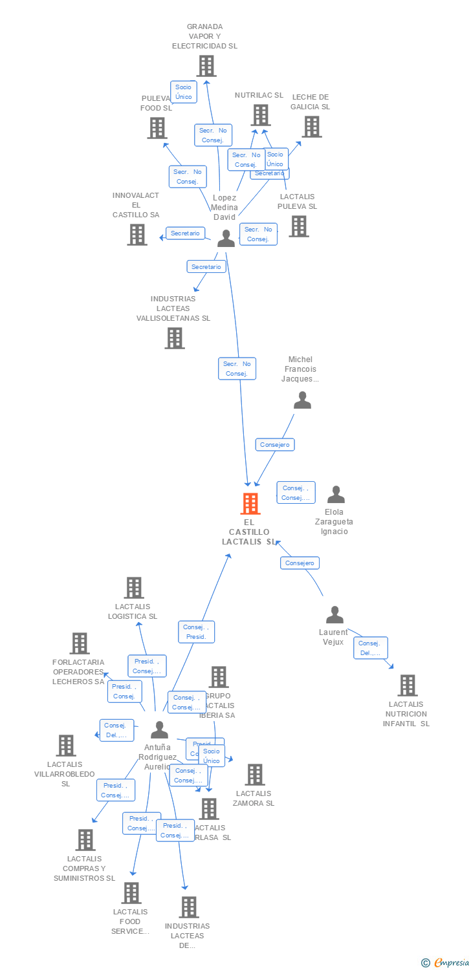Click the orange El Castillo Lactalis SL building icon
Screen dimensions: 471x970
point(250,504)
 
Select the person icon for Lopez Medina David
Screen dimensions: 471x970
point(226,239)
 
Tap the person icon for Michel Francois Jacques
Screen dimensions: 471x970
point(302,401)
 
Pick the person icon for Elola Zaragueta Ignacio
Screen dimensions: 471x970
point(336,495)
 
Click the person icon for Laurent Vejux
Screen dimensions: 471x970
point(334,615)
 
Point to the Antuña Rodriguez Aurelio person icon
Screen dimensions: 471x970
point(159,730)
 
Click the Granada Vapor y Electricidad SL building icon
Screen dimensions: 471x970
point(206,66)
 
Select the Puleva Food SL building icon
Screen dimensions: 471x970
point(157,127)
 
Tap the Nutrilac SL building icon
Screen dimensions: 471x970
point(261,115)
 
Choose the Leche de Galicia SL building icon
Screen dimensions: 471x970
point(312,127)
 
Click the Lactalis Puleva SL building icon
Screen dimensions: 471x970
point(298,226)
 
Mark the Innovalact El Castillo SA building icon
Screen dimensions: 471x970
point(137,234)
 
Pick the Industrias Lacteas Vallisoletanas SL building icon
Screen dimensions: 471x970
point(174,338)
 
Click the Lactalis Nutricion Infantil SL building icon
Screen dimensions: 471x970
point(407,685)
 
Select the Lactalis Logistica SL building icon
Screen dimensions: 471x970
point(134,588)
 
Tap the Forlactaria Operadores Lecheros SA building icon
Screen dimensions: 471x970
point(80,643)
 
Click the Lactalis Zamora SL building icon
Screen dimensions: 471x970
point(255,775)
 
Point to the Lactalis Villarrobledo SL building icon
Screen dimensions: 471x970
point(65,746)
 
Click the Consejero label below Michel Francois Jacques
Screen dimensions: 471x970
point(275,445)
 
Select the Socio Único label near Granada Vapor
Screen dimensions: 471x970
point(184,92)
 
